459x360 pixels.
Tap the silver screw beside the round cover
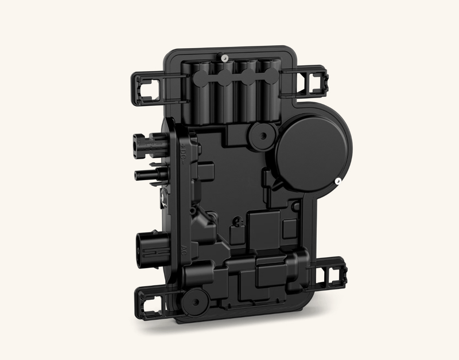(x=339, y=181)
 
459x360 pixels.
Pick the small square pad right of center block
(x=296, y=205)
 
